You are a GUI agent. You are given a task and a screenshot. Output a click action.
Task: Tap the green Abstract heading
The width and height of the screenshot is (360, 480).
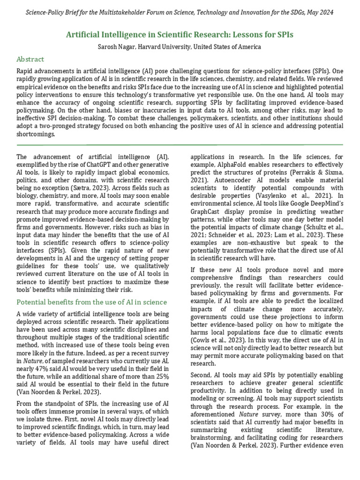pyautogui.click(x=30, y=59)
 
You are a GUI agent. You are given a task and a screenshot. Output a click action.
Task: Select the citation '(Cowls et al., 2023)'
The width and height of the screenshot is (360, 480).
pyautogui.click(x=218, y=339)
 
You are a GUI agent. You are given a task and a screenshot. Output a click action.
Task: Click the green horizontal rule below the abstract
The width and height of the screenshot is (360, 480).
pyautogui.click(x=180, y=145)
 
